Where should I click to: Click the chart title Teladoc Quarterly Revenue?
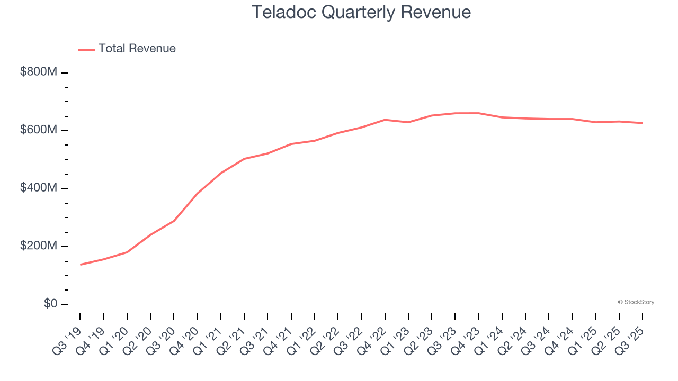[x=361, y=12]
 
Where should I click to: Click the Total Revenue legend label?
[x=137, y=49]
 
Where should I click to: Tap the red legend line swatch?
[x=86, y=49]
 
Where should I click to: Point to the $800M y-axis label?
[x=38, y=72]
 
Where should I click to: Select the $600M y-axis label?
[x=38, y=130]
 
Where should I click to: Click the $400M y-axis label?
[x=38, y=188]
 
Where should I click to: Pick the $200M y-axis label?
[x=38, y=246]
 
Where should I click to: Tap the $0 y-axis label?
[x=50, y=304]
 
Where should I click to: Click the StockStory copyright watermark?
[x=636, y=302]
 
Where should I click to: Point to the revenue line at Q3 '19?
[x=81, y=264]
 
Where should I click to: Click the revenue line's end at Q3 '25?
[x=642, y=123]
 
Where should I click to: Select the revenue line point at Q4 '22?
[x=385, y=120]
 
